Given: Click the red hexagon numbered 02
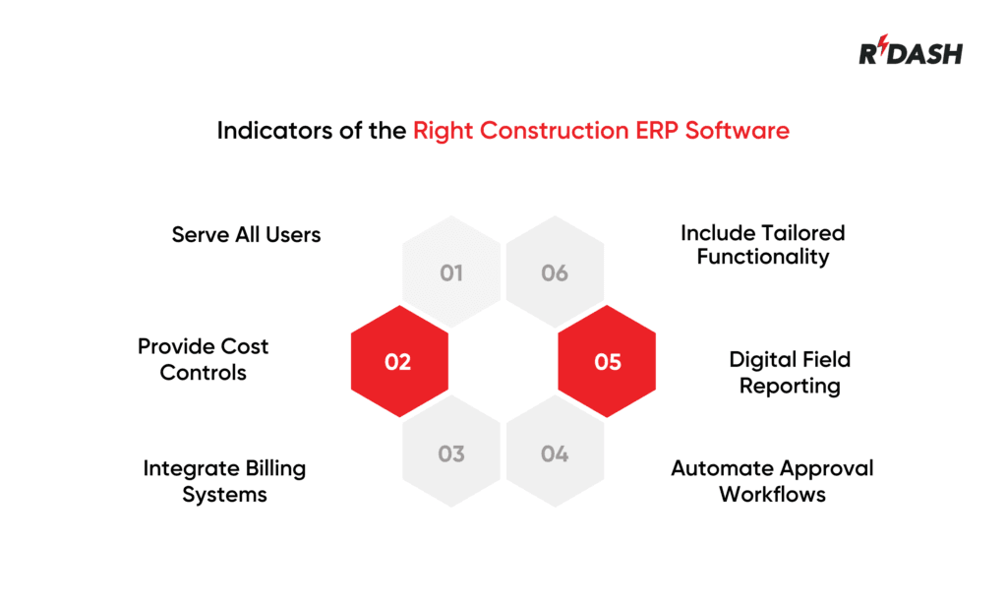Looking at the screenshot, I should coord(399,362).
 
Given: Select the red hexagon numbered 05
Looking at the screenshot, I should coord(607,362).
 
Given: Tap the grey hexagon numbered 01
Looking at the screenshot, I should coord(451,272).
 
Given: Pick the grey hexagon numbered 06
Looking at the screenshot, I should coord(555,272).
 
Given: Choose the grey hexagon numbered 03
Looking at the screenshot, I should coord(451,453).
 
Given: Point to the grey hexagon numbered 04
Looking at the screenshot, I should coord(555,453).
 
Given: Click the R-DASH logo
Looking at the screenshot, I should coord(911,53).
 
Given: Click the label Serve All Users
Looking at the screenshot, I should coord(246,235).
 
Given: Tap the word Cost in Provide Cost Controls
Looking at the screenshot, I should coord(245,346).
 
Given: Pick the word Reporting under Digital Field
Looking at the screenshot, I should coord(790,386).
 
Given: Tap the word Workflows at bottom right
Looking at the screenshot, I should coord(772,494).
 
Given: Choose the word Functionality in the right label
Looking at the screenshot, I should coord(763,258).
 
